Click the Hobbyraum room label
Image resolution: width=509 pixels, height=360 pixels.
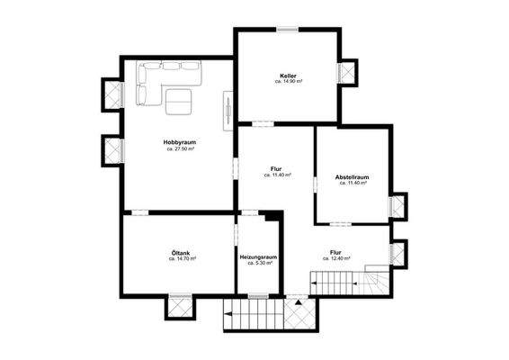180,142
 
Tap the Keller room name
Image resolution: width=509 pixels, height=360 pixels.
288,76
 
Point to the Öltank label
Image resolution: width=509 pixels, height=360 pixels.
180,252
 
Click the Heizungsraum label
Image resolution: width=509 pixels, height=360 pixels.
257,257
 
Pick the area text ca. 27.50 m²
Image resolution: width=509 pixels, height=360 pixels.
180,149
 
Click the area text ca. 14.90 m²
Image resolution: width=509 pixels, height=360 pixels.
288,82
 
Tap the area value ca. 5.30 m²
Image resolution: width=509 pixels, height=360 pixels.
257,264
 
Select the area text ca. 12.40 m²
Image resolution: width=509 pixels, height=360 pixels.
335,259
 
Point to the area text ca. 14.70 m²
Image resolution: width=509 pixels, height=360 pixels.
180,259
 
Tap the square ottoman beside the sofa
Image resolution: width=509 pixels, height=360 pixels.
178,103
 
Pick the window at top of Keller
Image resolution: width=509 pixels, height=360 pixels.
288,30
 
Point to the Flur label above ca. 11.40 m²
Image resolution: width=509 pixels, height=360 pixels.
276,168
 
